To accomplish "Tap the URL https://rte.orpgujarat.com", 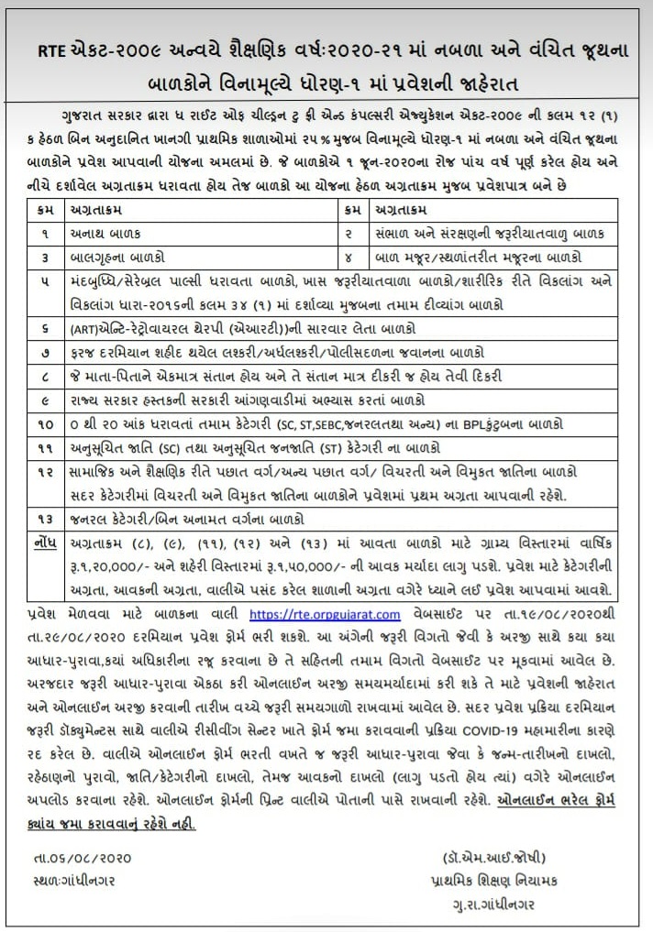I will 324,613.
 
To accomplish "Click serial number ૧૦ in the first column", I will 45,423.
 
